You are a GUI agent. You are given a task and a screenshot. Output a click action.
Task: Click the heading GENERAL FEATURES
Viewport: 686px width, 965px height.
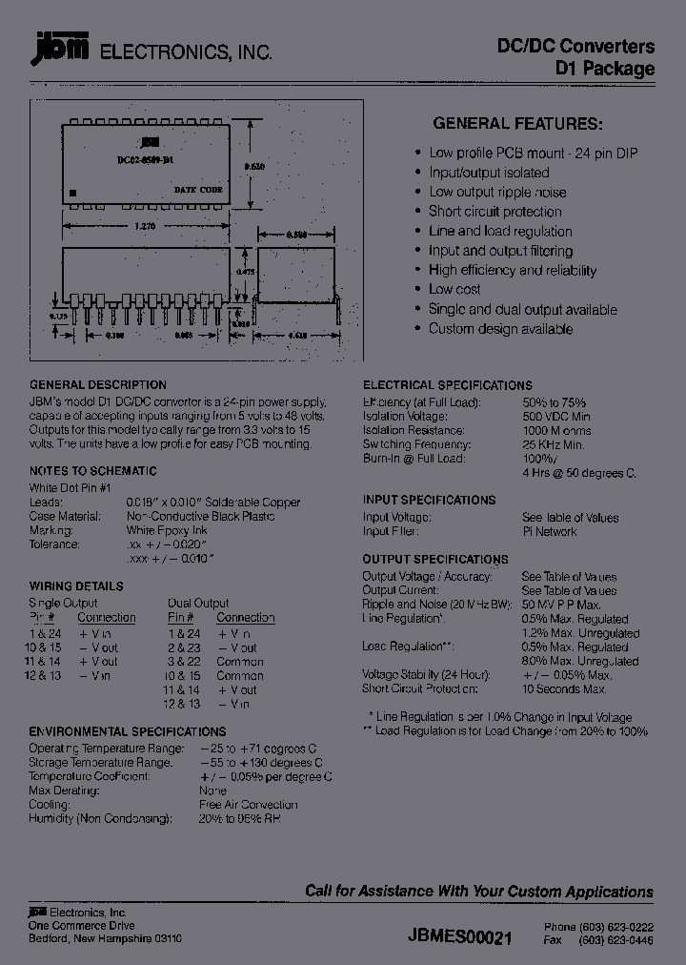click(x=517, y=123)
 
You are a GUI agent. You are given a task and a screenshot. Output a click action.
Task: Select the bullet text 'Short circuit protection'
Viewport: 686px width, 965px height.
click(x=494, y=212)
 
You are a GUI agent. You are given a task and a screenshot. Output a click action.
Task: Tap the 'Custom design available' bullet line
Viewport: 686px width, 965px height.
click(x=500, y=329)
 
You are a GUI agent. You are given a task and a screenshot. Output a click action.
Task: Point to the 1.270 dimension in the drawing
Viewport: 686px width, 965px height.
click(x=145, y=226)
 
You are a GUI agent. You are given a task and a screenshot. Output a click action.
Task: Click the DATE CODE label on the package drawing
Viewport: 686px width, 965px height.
click(x=198, y=190)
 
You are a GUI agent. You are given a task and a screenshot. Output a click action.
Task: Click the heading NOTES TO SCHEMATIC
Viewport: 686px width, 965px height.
click(x=92, y=471)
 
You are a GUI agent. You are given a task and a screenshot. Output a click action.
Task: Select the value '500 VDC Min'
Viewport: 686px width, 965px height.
click(x=556, y=417)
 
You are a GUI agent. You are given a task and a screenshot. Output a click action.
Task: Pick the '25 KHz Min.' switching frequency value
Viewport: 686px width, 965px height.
click(x=554, y=445)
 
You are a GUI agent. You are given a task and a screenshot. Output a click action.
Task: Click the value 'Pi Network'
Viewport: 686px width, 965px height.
click(x=550, y=532)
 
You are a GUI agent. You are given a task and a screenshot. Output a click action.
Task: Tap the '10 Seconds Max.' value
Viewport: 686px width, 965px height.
click(x=565, y=688)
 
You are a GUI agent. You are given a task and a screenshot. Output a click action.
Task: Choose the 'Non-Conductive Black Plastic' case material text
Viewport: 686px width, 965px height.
click(x=201, y=516)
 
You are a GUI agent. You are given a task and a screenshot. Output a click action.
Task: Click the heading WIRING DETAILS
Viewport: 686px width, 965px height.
click(x=76, y=586)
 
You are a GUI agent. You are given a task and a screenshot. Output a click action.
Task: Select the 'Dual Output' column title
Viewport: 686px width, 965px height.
click(x=198, y=603)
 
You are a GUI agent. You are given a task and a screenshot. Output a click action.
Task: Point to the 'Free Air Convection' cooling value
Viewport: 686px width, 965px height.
click(x=248, y=805)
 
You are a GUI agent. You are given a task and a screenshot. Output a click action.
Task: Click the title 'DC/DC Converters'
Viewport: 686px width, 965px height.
click(x=576, y=46)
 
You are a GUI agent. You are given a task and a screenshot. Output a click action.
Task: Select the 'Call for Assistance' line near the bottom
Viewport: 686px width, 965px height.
click(x=478, y=892)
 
